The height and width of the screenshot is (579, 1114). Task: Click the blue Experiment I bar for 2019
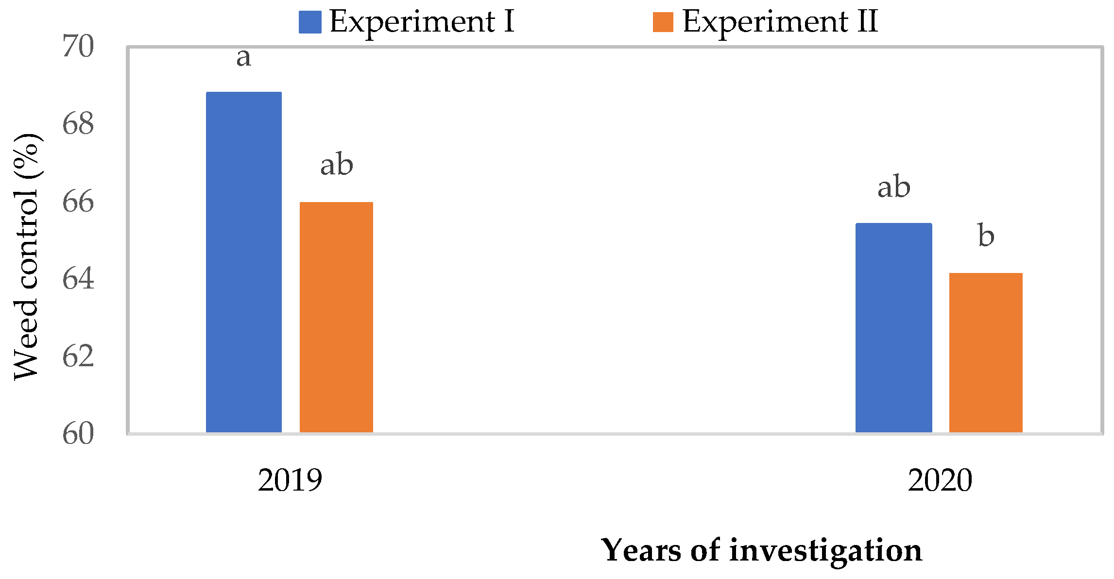click(x=243, y=262)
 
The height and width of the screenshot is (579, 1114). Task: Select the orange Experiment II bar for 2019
click(x=336, y=317)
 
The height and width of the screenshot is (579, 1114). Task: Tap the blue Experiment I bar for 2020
click(x=893, y=328)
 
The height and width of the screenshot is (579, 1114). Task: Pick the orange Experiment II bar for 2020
click(x=986, y=353)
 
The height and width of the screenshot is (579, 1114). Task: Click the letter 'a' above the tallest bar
click(x=243, y=57)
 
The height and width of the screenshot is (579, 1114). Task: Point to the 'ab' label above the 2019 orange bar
click(x=336, y=165)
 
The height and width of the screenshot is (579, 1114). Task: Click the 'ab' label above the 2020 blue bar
click(x=893, y=187)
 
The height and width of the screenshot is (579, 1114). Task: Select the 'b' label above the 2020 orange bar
click(x=986, y=236)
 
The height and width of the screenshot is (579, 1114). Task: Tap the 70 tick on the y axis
click(x=78, y=47)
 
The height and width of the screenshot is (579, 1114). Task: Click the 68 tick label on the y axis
click(x=78, y=124)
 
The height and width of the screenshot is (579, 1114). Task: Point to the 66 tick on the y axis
click(x=78, y=202)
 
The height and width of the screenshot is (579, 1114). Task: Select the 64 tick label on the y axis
click(x=78, y=279)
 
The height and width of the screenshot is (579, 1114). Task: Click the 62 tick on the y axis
click(x=78, y=357)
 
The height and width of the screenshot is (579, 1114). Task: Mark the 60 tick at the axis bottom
click(x=78, y=434)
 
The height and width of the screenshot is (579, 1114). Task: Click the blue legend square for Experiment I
click(x=310, y=22)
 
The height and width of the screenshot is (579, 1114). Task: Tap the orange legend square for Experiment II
click(x=663, y=22)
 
